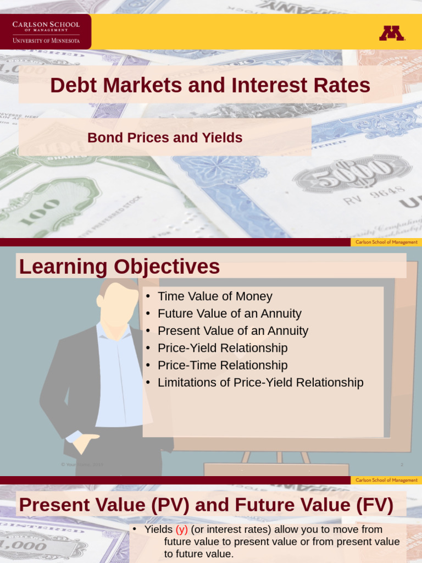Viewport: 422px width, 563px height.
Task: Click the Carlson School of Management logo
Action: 46,32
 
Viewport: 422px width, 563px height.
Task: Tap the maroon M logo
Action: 392,34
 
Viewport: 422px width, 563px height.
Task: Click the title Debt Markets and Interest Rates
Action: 210,86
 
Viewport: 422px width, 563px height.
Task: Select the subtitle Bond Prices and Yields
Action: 165,138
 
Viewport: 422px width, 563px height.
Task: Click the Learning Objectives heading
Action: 119,267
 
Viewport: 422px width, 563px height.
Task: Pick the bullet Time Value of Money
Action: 215,296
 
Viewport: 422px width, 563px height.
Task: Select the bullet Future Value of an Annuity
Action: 229,314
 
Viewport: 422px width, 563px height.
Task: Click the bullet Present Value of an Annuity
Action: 232,331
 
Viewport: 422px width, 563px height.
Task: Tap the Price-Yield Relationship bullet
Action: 222,348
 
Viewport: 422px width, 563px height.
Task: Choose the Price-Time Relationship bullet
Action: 222,366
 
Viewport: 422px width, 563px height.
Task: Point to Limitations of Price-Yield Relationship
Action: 260,383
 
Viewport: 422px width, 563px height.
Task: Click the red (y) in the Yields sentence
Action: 182,530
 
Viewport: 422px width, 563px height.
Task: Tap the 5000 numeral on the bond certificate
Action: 352,175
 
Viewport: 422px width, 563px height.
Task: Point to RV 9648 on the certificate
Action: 374,195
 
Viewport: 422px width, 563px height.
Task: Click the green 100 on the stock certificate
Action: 42,211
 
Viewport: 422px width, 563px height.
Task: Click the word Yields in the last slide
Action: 158,530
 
